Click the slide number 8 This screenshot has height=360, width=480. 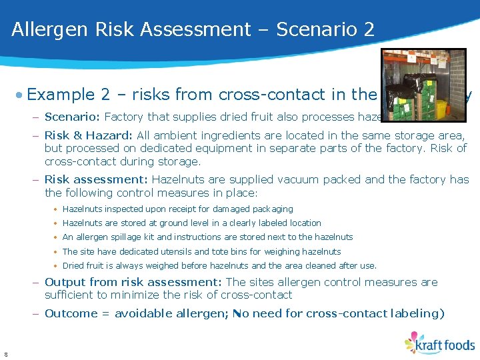(x=5, y=354)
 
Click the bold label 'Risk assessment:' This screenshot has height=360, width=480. (x=97, y=180)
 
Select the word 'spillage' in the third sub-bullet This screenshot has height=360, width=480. (x=133, y=237)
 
